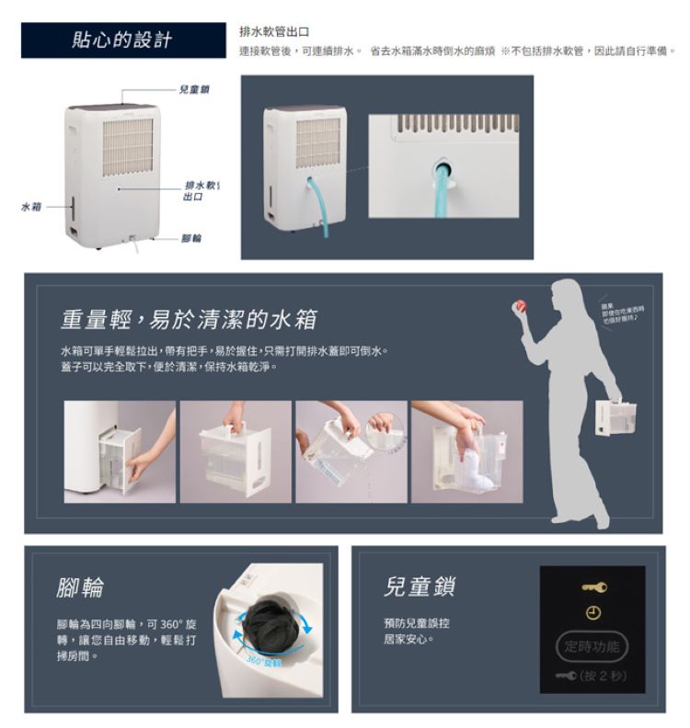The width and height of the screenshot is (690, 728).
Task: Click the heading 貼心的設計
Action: tap(122, 40)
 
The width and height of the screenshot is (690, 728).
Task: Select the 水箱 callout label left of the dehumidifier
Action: tap(31, 206)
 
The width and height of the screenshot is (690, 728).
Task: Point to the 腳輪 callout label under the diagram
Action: tap(191, 237)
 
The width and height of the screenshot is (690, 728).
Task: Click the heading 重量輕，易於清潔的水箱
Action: tap(190, 319)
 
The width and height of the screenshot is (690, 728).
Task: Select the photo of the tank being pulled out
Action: tap(120, 451)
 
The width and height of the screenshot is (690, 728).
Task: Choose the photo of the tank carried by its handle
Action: tap(236, 451)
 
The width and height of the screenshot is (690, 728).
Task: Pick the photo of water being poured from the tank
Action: tap(351, 451)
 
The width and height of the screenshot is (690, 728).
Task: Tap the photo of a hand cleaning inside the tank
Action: tap(466, 451)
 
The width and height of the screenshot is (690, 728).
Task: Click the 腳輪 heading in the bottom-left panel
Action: tap(81, 586)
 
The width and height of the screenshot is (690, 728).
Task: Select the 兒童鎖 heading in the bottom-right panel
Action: tap(419, 586)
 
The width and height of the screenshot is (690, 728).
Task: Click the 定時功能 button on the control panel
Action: tap(592, 646)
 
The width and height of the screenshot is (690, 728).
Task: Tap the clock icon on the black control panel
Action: tap(592, 613)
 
